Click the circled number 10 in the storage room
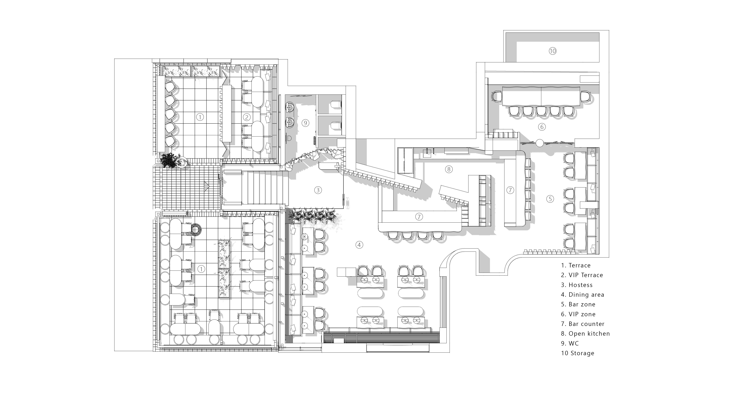click(x=552, y=51)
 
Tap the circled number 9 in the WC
click(x=305, y=123)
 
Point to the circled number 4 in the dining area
click(x=359, y=245)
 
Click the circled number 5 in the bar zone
click(x=550, y=199)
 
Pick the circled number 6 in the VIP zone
click(x=542, y=127)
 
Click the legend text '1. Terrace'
click(x=576, y=265)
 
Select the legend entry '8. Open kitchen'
click(x=585, y=333)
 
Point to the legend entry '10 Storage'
click(x=577, y=353)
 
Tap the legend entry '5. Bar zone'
click(x=578, y=304)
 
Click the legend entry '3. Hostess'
click(x=577, y=285)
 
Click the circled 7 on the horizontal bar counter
click(x=419, y=217)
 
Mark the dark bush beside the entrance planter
click(x=169, y=161)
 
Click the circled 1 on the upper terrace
click(x=200, y=117)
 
